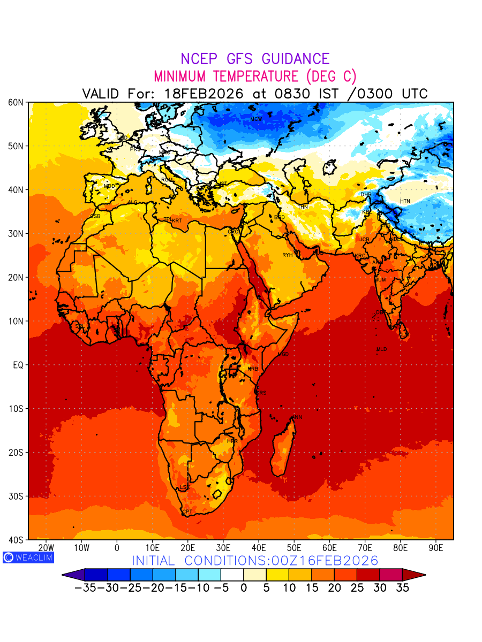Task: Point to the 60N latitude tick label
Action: click(16, 102)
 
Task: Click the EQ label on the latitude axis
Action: click(18, 365)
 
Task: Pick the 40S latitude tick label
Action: click(16, 540)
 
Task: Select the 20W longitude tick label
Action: click(46, 548)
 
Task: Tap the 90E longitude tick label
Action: click(436, 548)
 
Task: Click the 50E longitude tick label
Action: click(294, 548)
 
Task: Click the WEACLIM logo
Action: click(28, 557)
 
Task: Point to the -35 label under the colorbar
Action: click(86, 587)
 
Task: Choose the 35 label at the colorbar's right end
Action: click(402, 587)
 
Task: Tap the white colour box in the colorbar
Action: click(232, 575)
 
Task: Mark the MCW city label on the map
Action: click(256, 119)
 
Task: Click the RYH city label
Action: click(288, 255)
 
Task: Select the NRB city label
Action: click(253, 369)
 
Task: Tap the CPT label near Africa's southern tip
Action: click(187, 512)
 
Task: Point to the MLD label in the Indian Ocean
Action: click(381, 349)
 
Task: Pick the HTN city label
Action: click(405, 201)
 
